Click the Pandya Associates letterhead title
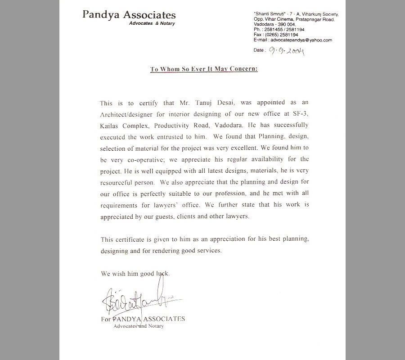(x=129, y=15)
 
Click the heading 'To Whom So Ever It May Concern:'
(x=203, y=69)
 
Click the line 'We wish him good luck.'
(x=135, y=273)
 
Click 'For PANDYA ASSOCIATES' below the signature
(x=143, y=319)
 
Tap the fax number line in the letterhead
(x=276, y=35)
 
